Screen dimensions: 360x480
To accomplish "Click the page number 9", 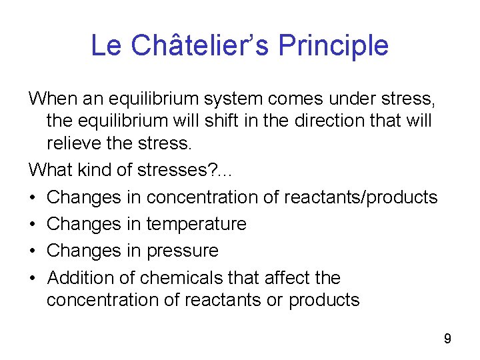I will [x=447, y=339].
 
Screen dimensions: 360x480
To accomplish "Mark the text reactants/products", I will [x=361, y=197].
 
